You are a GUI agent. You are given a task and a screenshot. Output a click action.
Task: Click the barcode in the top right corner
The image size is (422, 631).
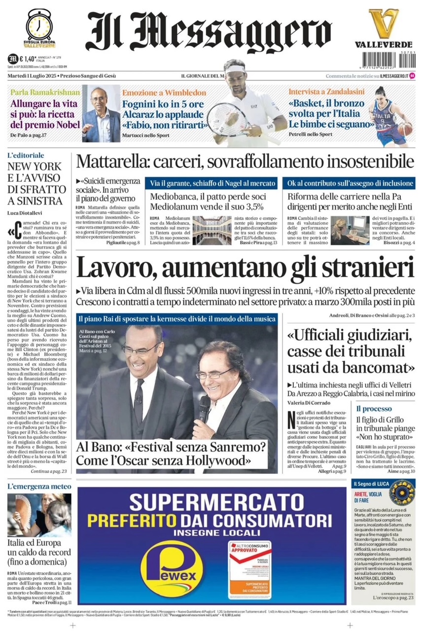pos(400,60)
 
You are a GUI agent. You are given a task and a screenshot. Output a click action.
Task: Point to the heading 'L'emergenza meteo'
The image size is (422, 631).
pos(39,487)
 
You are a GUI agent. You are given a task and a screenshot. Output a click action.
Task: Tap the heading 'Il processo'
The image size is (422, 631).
pos(374,409)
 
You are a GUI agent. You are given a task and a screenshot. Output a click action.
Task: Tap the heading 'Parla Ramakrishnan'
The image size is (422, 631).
pos(44,92)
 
